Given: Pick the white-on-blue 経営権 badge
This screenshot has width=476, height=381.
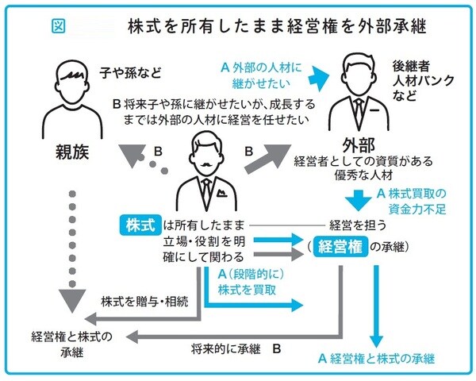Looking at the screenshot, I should tap(340, 247).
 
